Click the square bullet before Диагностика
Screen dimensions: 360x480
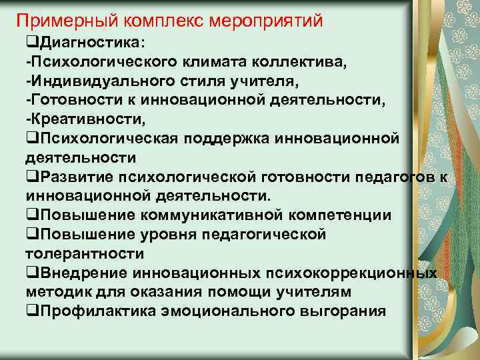pyautogui.click(x=30, y=44)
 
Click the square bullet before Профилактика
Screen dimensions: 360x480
pyautogui.click(x=30, y=311)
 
